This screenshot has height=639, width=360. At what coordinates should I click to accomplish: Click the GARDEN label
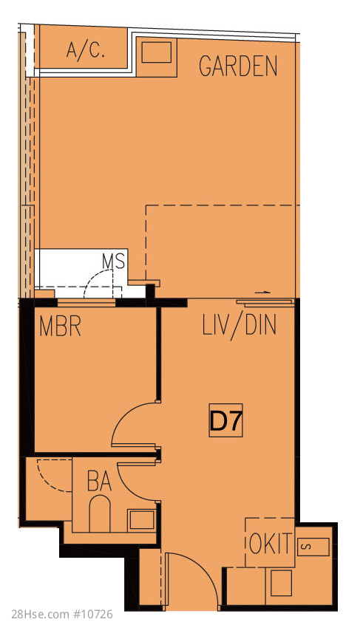(238, 66)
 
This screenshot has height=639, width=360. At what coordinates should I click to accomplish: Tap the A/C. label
(86, 50)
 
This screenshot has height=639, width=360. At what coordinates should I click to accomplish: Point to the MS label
(113, 262)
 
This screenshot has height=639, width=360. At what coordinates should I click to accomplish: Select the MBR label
(61, 327)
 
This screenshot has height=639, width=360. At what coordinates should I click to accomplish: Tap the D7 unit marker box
(226, 420)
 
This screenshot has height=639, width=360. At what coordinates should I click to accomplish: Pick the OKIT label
(271, 542)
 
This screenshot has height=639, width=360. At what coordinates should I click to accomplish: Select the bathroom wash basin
(142, 519)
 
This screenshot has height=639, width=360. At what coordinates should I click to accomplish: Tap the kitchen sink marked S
(313, 547)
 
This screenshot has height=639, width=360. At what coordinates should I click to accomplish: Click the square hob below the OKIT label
(281, 583)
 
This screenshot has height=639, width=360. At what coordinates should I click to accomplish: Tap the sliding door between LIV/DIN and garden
(265, 302)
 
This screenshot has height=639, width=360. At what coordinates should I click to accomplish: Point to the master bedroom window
(86, 302)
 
